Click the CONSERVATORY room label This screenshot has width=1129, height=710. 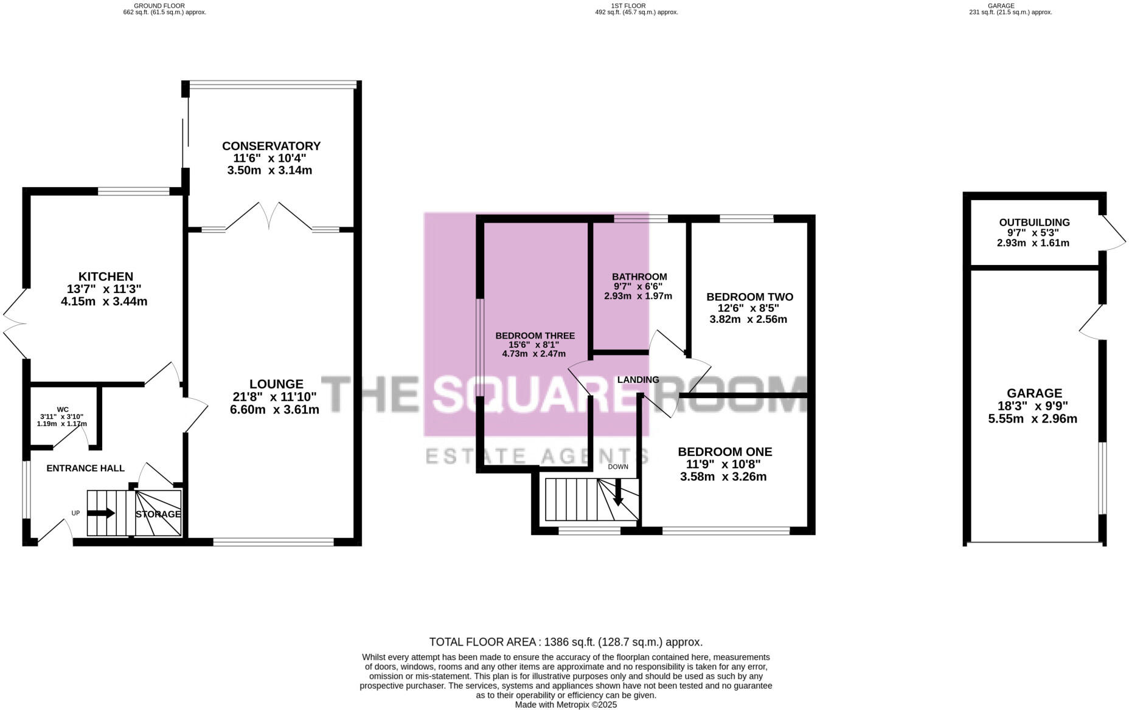[271, 146]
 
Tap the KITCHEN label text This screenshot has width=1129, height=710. [105, 277]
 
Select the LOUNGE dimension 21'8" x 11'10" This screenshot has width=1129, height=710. [274, 397]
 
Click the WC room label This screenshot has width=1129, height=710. [63, 409]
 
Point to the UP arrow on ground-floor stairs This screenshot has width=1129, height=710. [101, 513]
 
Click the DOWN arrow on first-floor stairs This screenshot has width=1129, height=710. [617, 493]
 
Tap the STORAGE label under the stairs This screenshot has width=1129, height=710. [158, 514]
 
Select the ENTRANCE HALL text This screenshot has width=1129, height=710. [85, 468]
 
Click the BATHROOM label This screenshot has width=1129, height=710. [639, 277]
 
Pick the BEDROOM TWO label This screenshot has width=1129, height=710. [749, 297]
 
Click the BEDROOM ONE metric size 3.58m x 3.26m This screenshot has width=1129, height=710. [723, 477]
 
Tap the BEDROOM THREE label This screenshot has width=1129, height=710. [535, 336]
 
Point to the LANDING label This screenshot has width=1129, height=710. [638, 379]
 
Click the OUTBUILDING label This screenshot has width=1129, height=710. [1034, 222]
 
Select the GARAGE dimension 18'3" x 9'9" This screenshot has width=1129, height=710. [1033, 405]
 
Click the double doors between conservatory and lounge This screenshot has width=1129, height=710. [269, 216]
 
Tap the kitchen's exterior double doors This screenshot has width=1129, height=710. [15, 323]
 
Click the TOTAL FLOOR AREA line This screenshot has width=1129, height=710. [566, 642]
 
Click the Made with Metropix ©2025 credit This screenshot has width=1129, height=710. [566, 705]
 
